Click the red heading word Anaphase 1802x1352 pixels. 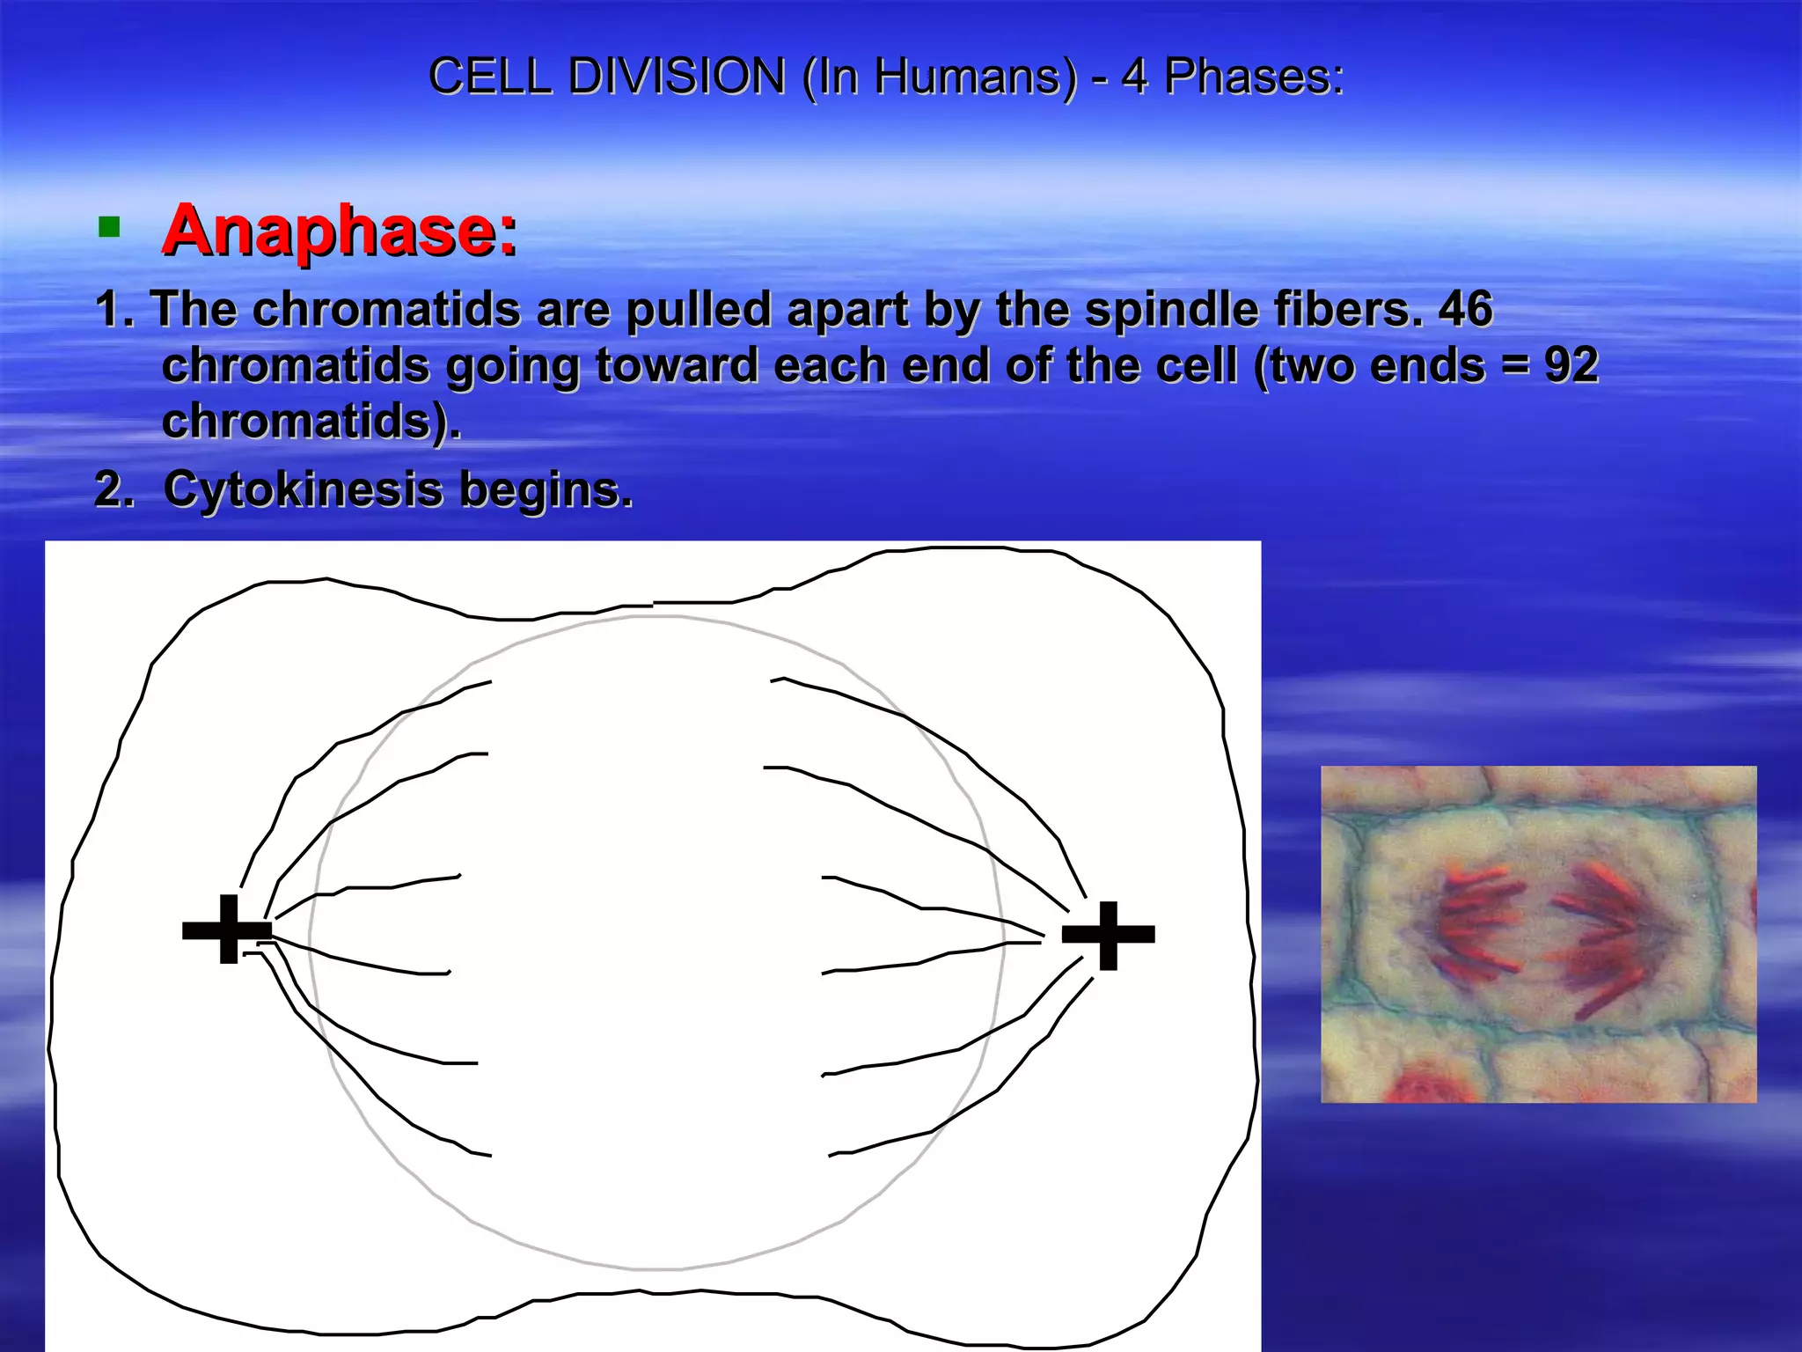click(x=339, y=231)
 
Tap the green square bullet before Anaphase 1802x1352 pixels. click(x=109, y=229)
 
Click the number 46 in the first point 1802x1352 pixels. click(x=1466, y=310)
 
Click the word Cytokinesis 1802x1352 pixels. click(x=302, y=489)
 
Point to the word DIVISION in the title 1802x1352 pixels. click(x=676, y=76)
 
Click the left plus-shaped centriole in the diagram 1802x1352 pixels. click(x=227, y=929)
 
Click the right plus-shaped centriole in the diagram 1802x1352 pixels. click(x=1109, y=935)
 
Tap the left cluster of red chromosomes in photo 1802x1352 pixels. click(x=1478, y=924)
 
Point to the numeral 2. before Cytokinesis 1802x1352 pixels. click(x=114, y=489)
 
